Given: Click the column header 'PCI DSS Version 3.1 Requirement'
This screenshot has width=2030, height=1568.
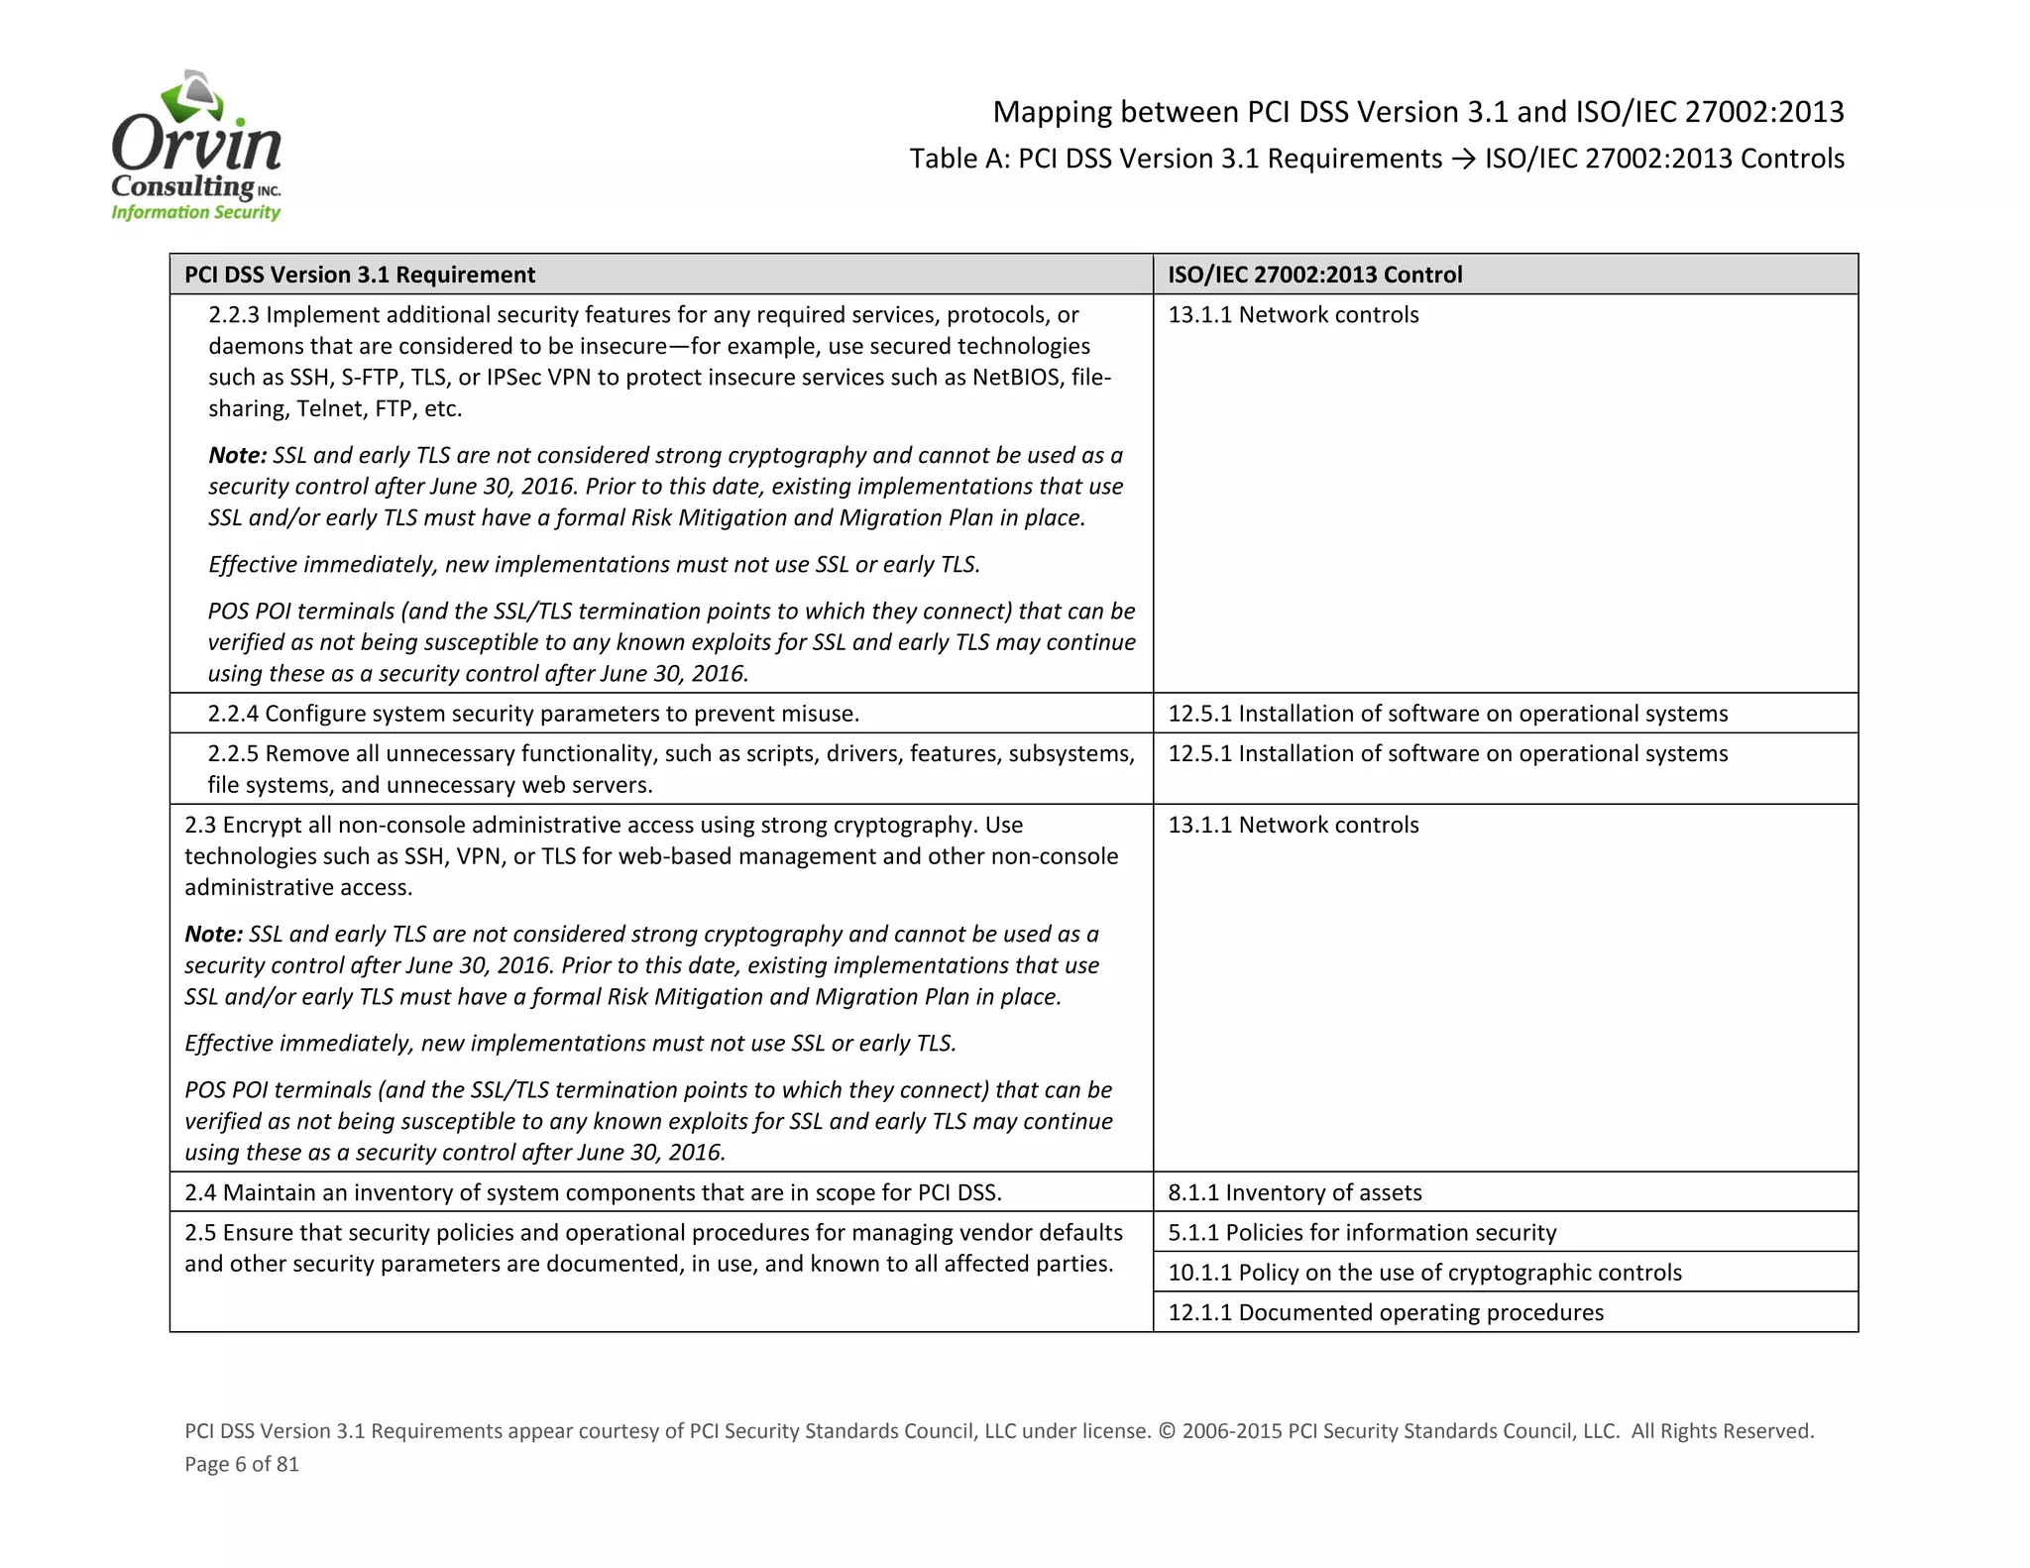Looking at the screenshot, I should click(x=360, y=275).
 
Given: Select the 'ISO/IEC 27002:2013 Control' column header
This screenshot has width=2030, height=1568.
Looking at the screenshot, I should click(x=1314, y=275).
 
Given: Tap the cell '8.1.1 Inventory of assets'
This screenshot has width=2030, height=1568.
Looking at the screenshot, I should click(x=1295, y=1192).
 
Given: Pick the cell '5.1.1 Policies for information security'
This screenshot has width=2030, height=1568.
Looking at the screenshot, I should click(x=1362, y=1232).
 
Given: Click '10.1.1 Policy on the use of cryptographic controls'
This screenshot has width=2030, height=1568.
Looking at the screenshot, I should click(x=1424, y=1273).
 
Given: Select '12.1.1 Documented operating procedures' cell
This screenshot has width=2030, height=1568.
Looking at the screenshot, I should click(x=1385, y=1312).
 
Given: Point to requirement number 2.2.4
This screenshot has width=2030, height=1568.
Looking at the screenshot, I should click(x=233, y=714).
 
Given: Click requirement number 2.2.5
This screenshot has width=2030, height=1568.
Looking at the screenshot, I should click(x=233, y=753).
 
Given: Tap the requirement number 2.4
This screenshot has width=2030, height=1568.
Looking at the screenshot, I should click(x=200, y=1192).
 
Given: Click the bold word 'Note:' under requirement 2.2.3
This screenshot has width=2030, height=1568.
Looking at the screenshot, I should click(x=237, y=455).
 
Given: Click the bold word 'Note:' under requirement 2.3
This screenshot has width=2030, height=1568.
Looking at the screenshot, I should click(x=213, y=934).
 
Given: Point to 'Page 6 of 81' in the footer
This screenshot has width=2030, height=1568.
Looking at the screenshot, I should click(x=242, y=1464).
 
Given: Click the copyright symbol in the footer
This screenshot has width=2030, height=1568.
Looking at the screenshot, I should click(x=1166, y=1431).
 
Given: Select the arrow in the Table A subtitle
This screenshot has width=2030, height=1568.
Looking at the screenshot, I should click(x=1463, y=159).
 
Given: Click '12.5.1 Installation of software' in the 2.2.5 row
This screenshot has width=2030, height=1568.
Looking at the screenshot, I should click(x=1447, y=753).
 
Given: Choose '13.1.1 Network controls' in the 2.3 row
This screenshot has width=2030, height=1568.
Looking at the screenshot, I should click(x=1293, y=825).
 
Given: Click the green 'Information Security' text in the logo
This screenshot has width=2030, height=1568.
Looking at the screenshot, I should click(x=195, y=212).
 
